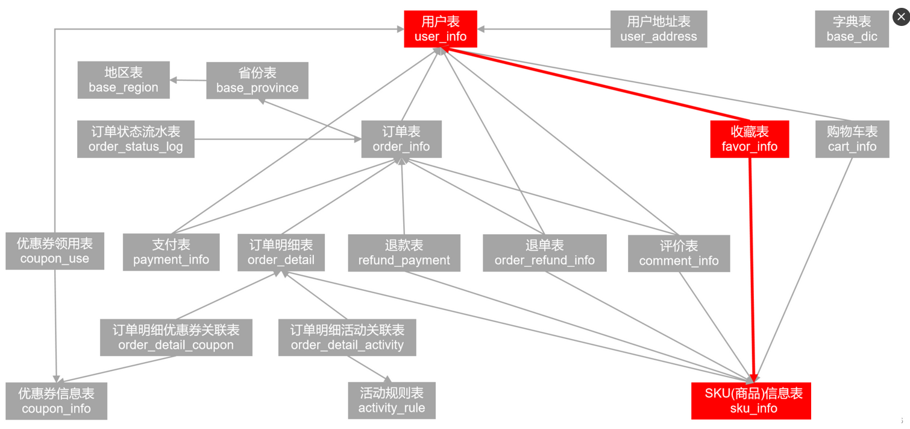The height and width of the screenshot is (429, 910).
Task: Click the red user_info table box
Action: click(x=441, y=29)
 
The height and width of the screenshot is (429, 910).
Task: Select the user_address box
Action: click(x=658, y=29)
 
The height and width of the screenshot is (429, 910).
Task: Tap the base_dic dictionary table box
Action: click(x=852, y=29)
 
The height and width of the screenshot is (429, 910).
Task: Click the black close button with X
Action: click(x=901, y=17)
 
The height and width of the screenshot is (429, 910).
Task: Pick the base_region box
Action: click(x=124, y=80)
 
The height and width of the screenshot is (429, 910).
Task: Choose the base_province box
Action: click(x=257, y=80)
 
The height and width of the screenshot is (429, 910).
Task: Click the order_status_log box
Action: click(x=136, y=139)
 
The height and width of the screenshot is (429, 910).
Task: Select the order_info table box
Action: click(x=401, y=139)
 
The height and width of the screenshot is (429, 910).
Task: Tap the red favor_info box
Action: click(x=750, y=139)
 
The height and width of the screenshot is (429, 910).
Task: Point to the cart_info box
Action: click(x=852, y=139)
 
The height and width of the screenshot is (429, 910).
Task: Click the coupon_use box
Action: click(x=55, y=251)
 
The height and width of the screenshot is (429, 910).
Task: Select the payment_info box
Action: click(x=171, y=252)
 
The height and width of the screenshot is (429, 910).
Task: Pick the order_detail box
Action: click(x=281, y=252)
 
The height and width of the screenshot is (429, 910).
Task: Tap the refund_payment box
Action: click(x=404, y=253)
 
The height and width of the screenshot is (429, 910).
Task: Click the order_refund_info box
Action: click(x=544, y=253)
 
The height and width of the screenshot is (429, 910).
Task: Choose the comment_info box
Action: click(x=679, y=253)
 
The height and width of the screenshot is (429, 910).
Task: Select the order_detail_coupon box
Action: click(x=176, y=337)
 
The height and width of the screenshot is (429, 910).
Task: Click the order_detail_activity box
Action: click(x=347, y=337)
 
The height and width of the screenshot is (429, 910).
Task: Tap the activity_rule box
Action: click(x=392, y=400)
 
